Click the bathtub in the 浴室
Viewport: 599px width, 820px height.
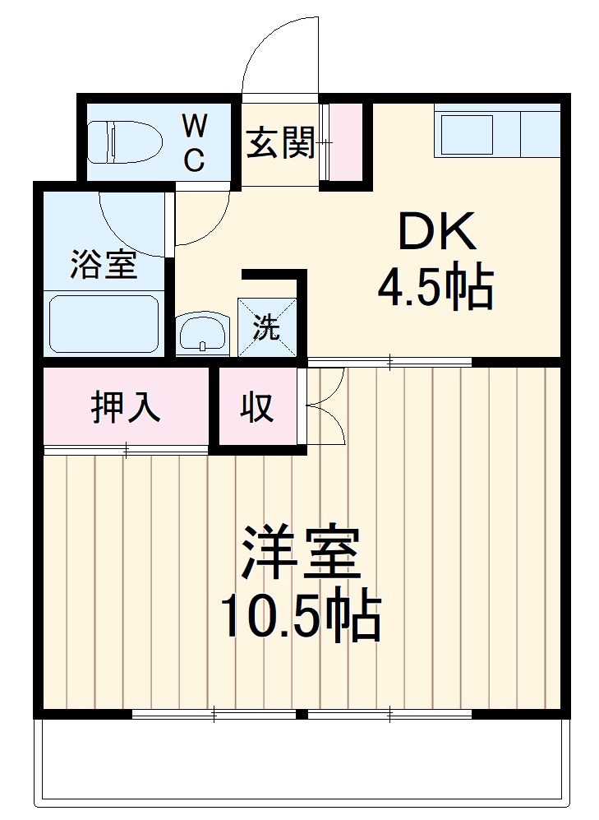pos(104,324)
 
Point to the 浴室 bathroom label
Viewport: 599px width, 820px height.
pos(104,266)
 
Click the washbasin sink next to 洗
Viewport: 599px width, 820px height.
pos(202,333)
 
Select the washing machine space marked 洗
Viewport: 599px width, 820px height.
pos(265,327)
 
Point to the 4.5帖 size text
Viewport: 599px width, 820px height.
pos(435,288)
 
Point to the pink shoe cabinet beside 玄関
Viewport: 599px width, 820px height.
pos(345,142)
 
